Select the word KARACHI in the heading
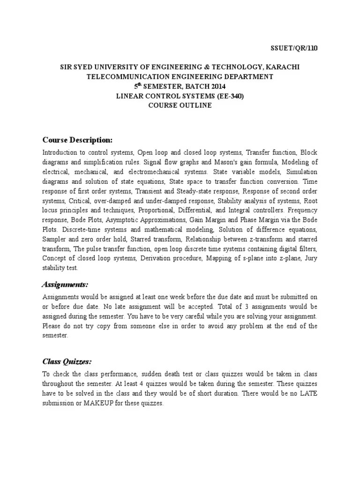tap(280, 67)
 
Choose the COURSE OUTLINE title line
tap(180, 105)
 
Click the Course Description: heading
tap(77, 140)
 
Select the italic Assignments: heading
tap(65, 285)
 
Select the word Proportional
tap(155, 210)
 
